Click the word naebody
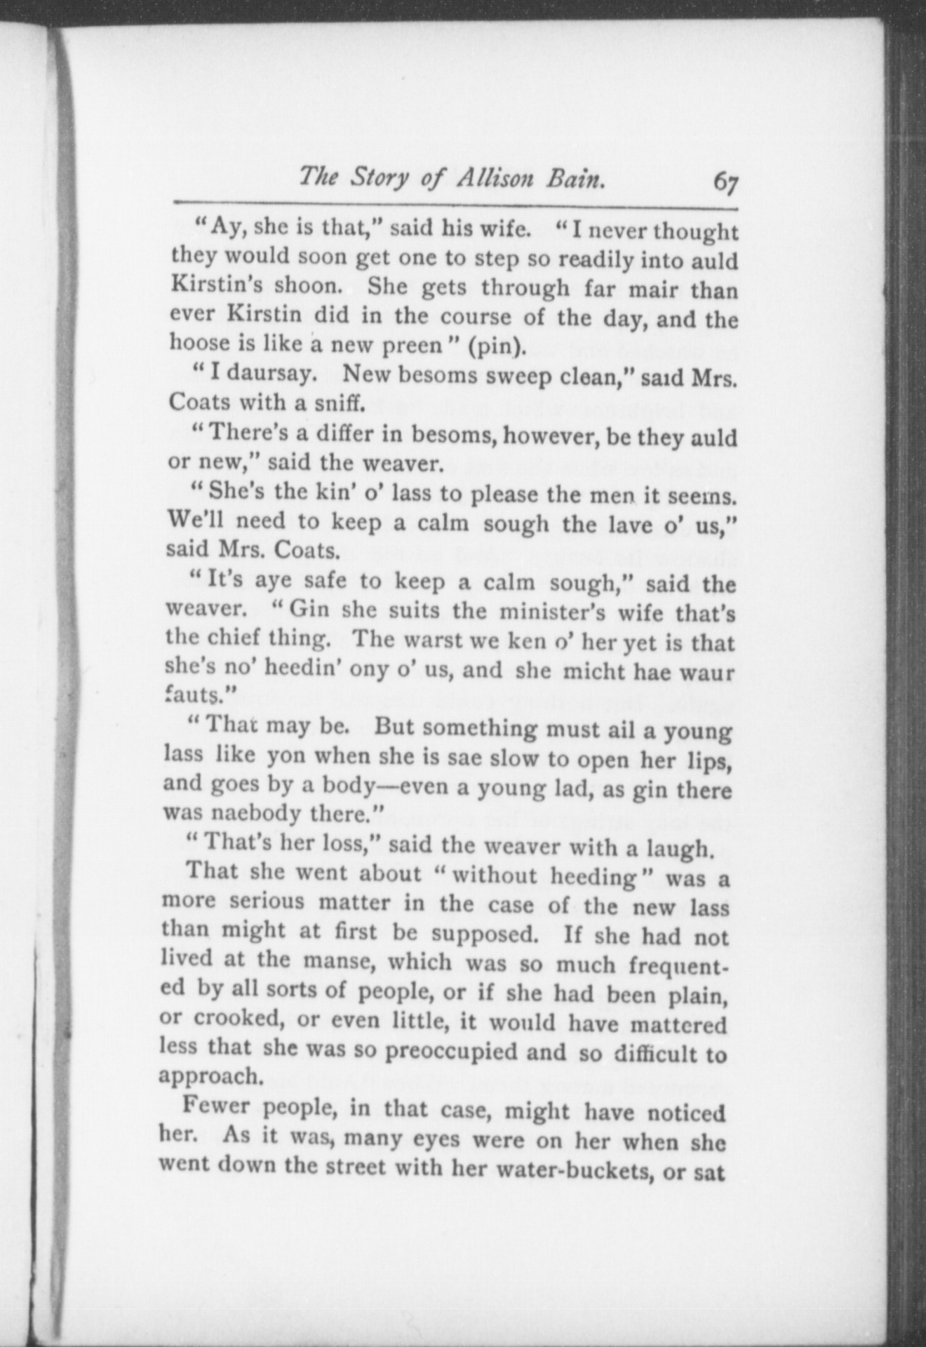coord(239,814)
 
